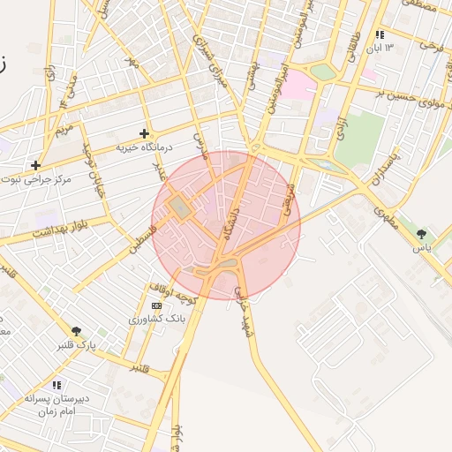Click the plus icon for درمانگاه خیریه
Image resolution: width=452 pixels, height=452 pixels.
coord(144,134)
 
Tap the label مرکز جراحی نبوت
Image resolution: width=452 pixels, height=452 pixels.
coord(48,179)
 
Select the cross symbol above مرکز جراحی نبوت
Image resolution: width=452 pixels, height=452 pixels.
coord(35,165)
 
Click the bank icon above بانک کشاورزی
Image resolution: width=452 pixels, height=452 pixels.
coord(157,305)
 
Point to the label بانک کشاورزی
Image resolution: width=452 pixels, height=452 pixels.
coord(151,319)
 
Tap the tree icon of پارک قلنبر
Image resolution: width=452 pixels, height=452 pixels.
coord(77,331)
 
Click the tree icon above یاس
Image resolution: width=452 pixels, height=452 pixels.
coord(421,234)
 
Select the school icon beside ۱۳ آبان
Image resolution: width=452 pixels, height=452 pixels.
coord(380,34)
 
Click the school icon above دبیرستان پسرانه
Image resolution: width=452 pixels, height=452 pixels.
coord(56,385)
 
